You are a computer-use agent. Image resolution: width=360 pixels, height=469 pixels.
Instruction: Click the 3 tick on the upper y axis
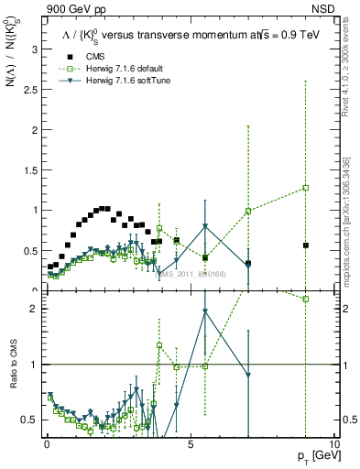[35, 49]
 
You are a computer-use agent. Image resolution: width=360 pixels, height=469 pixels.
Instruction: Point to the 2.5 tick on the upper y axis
[31, 90]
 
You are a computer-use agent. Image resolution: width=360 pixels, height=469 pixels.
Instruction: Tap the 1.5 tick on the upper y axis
[31, 170]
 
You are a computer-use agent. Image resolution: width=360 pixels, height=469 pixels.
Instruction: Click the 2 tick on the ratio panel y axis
[35, 309]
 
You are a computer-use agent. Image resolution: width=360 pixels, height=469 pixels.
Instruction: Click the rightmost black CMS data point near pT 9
[306, 245]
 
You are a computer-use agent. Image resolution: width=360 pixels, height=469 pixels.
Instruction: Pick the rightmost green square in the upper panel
[306, 188]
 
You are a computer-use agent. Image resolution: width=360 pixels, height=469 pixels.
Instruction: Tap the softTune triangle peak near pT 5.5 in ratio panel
[205, 311]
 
